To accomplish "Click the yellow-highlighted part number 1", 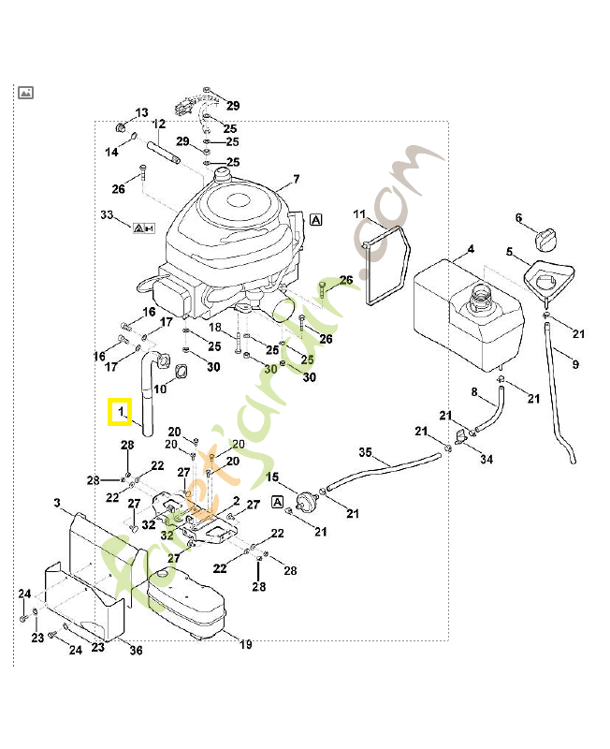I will [120, 412].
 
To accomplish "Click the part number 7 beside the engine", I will [296, 180].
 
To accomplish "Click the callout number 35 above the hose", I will [366, 452].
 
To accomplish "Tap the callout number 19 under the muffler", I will [246, 644].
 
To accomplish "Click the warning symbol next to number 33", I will [144, 228].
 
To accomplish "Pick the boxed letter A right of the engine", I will [316, 219].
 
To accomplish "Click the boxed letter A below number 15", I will [277, 503].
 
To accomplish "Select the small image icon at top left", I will [26, 92].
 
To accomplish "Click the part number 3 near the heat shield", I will [57, 504].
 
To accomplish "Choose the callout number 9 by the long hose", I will [574, 364].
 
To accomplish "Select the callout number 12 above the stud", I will [159, 125].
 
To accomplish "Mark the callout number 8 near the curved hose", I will [473, 391].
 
